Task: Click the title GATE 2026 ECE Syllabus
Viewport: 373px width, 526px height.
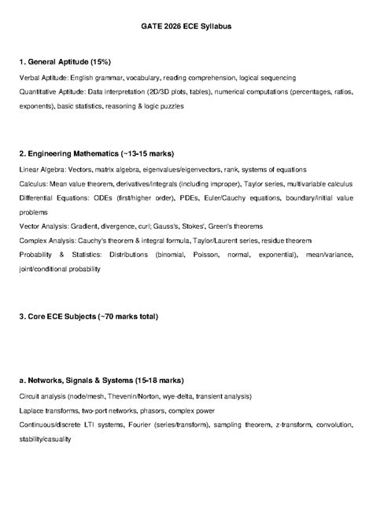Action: (186, 27)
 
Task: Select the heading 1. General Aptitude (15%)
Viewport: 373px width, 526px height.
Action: (65, 61)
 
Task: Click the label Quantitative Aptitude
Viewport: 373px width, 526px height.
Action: (51, 92)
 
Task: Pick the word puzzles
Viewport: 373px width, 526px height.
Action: (169, 105)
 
